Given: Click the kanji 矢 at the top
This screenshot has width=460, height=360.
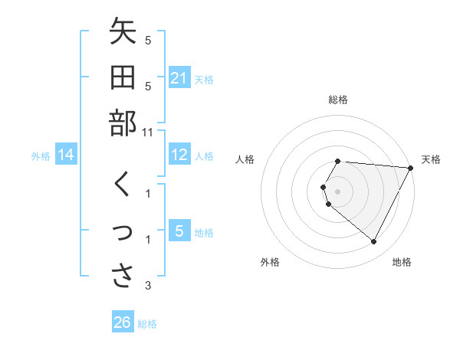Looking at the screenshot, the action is point(123,34).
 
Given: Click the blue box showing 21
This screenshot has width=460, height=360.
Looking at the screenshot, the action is point(179,77).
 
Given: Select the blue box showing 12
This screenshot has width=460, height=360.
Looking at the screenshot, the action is point(179,155).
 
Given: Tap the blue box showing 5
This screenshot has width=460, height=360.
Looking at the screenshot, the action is point(179,231).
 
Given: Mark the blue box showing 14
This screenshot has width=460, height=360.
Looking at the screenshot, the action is point(66,155).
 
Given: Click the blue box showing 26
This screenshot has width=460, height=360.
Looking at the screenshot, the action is point(123,322).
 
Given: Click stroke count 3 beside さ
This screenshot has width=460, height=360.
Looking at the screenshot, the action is point(148,286).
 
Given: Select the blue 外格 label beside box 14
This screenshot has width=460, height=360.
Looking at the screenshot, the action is point(41,156).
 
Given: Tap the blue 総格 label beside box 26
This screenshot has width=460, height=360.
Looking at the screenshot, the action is point(147,324).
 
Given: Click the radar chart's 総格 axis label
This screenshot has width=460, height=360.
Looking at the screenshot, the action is point(338,100).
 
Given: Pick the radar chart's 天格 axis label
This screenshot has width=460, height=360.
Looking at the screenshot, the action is point(431,159).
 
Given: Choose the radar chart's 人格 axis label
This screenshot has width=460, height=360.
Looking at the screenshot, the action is point(246,159).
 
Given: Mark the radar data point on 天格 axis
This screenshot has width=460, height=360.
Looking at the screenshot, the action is point(411,168).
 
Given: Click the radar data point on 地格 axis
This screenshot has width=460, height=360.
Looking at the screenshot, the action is point(374,242).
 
